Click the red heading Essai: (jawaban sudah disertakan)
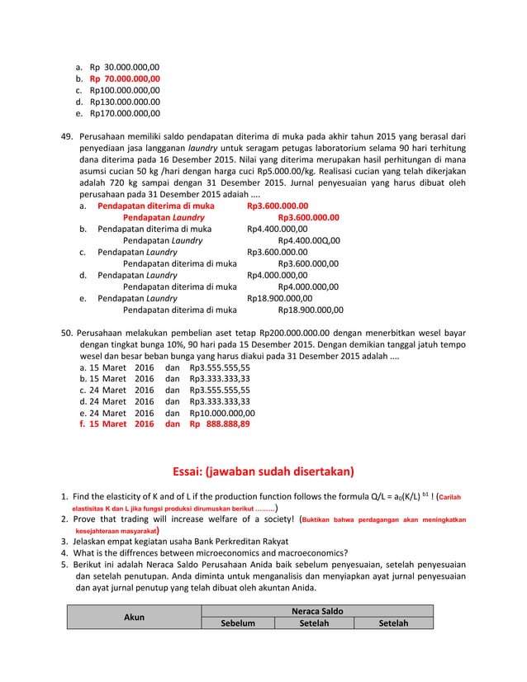[263, 471]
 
